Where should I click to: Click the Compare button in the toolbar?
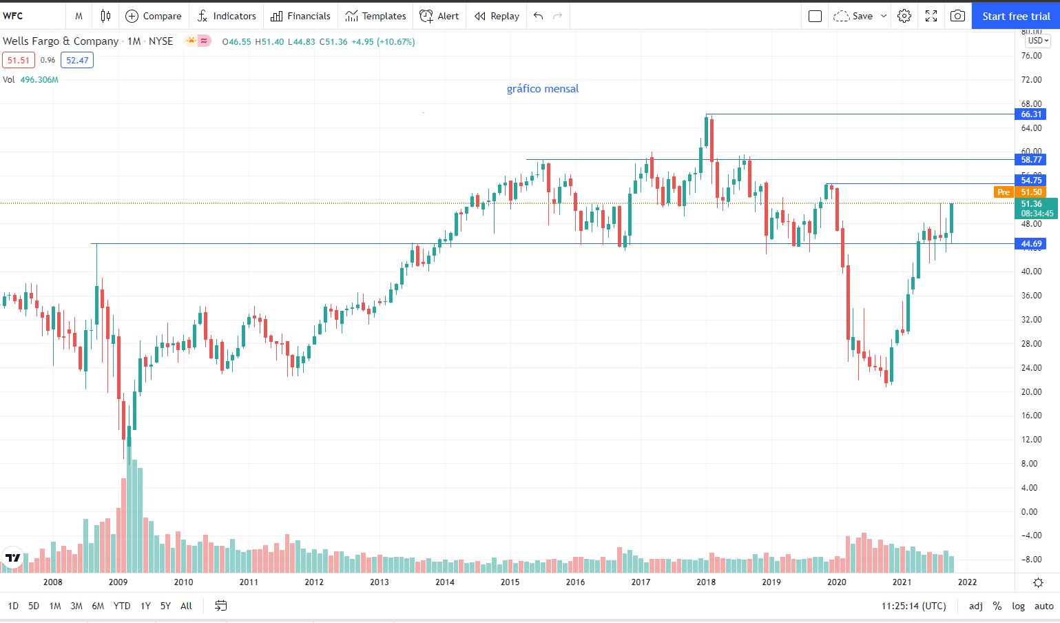[x=153, y=16]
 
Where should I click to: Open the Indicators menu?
[x=227, y=16]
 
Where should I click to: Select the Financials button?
[x=300, y=16]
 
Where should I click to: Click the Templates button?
[x=375, y=16]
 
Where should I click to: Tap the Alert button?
[x=439, y=16]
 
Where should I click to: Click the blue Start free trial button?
[x=1015, y=16]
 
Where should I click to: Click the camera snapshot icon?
[x=957, y=16]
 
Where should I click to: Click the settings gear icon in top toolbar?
[x=904, y=16]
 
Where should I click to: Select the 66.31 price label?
[x=1031, y=114]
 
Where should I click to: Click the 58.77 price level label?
[x=1031, y=160]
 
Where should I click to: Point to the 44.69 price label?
[x=1031, y=244]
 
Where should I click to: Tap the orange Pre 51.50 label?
[x=1020, y=192]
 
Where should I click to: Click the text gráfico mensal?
[x=543, y=89]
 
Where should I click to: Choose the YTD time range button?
[x=122, y=606]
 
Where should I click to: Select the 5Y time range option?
[x=165, y=606]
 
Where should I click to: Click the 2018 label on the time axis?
[x=706, y=582]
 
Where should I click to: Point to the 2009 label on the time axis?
[x=118, y=582]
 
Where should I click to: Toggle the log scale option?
[x=1018, y=606]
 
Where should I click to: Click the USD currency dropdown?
[x=1038, y=41]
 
